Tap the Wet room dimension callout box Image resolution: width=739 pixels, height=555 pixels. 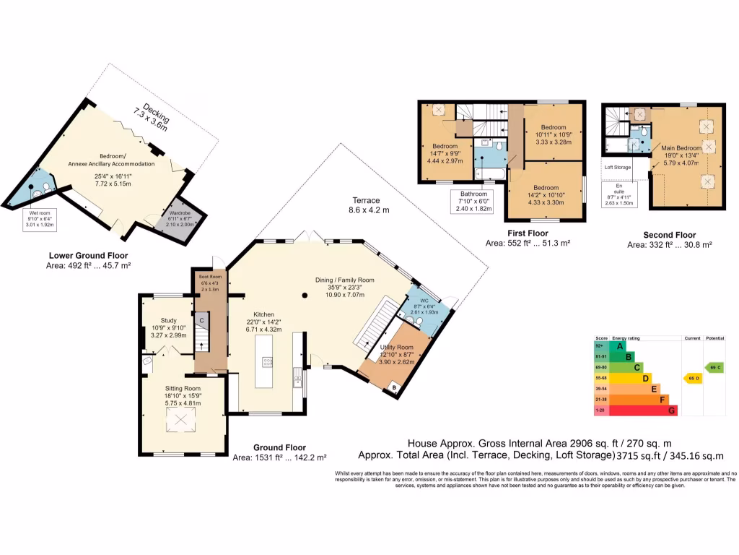pos(41,218)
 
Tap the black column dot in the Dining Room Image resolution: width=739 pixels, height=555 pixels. pos(305,295)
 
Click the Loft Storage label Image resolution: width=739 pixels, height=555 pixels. pos(618,166)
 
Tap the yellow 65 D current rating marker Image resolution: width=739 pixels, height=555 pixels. pos(692,378)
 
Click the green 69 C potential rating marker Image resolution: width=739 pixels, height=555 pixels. pos(714,367)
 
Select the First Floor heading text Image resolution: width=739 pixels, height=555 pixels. pos(528,233)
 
